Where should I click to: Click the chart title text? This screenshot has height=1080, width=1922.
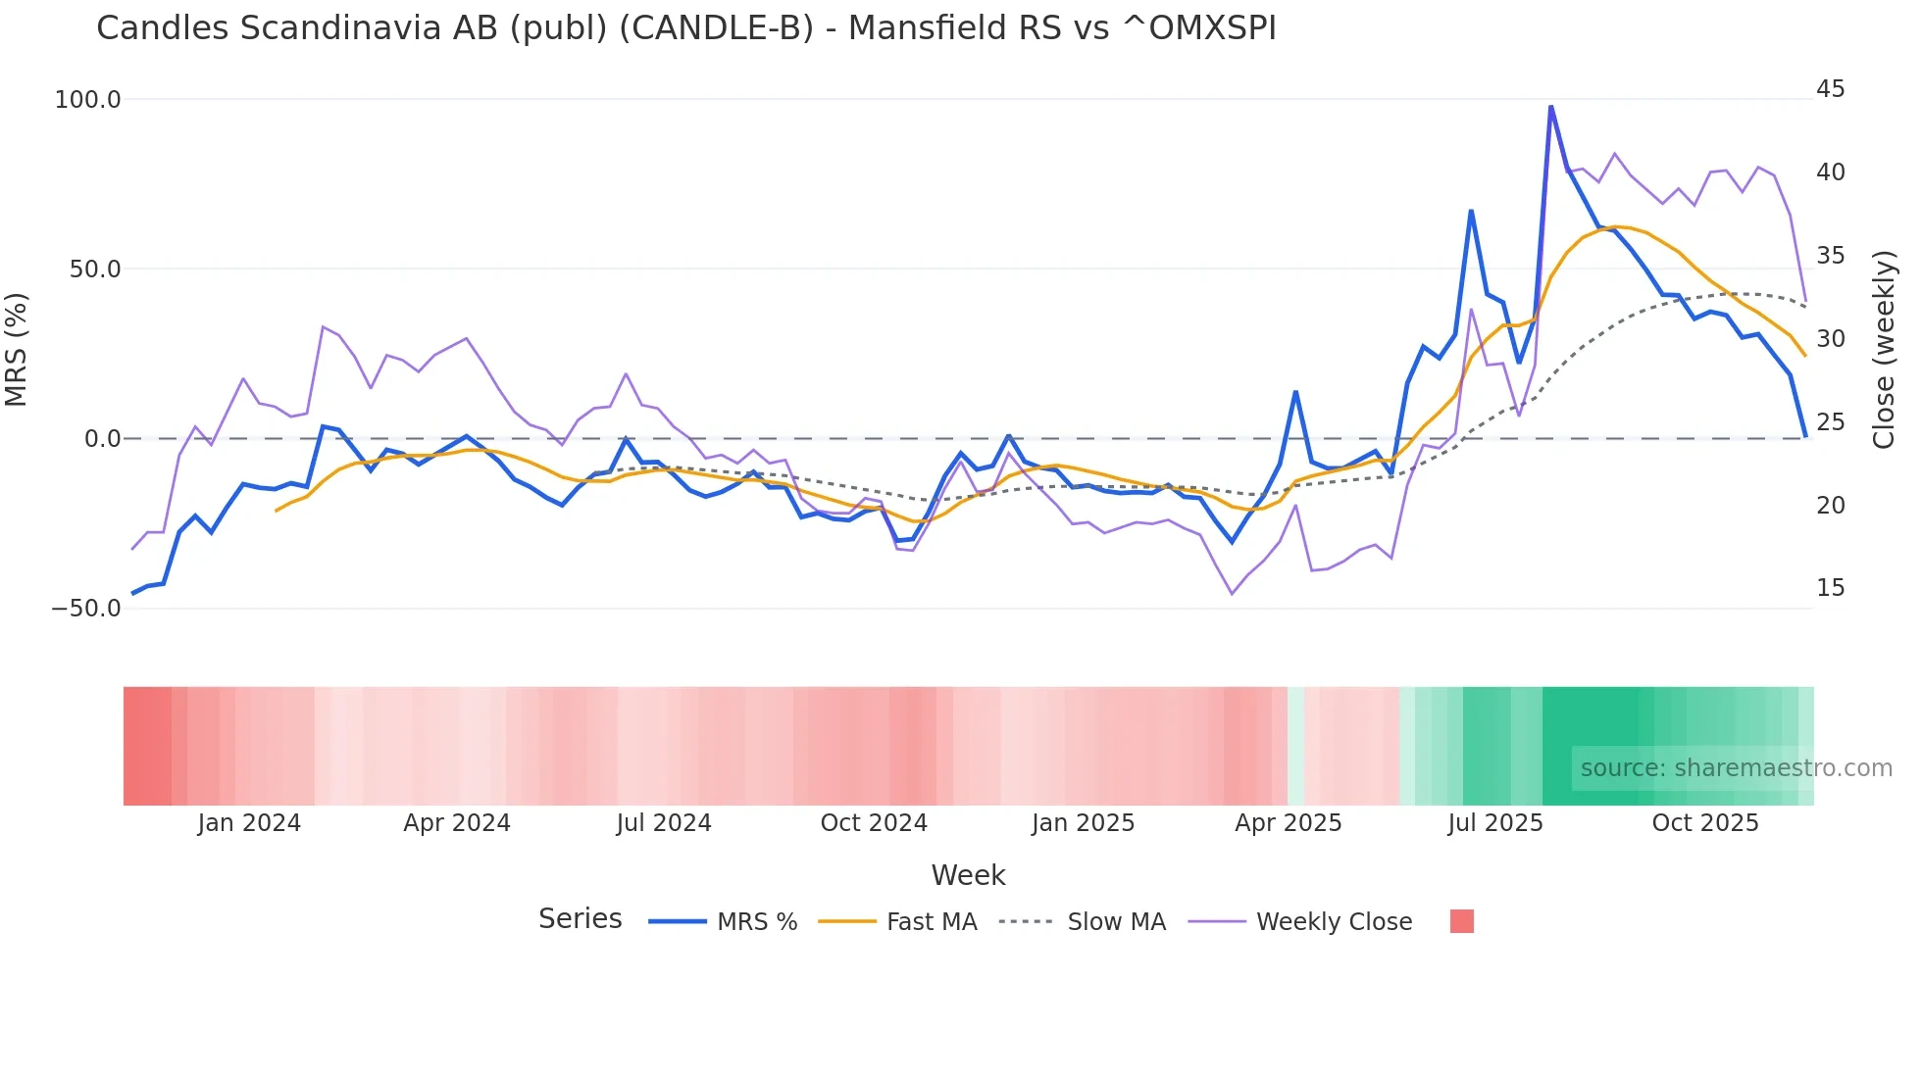pos(686,28)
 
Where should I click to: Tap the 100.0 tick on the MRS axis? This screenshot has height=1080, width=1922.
pos(88,100)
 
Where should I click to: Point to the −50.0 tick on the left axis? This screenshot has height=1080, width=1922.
pos(86,609)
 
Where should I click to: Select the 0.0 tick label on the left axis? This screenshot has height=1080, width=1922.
pos(102,439)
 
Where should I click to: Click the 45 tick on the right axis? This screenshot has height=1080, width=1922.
pos(1830,89)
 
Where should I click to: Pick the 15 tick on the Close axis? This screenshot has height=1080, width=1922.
pos(1830,588)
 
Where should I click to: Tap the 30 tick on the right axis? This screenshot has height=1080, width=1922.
pos(1830,339)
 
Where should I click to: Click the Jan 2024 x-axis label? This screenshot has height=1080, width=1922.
pos(249,823)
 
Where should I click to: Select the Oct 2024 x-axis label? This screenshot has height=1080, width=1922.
pos(874,823)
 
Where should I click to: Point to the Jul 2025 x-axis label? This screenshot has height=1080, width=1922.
pos(1495,823)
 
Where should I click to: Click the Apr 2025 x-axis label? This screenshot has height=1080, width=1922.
pos(1288,823)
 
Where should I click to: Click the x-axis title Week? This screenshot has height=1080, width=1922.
pos(968,875)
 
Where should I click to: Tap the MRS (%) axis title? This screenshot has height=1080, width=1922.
pos(17,350)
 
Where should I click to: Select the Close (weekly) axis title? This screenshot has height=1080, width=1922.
pos(1884,350)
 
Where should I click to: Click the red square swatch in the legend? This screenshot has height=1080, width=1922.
pos(1461,921)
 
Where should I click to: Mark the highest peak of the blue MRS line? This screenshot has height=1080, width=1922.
pos(1550,106)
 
